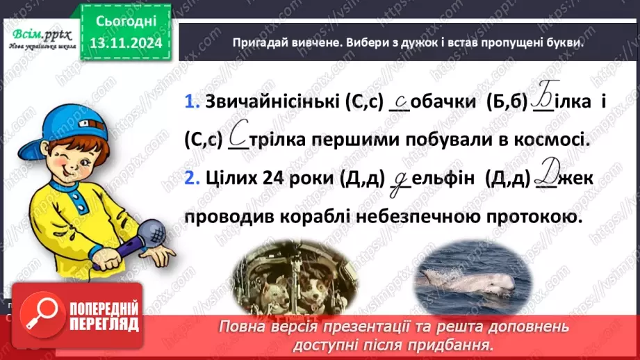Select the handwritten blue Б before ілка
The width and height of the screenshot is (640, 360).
pos(540,99)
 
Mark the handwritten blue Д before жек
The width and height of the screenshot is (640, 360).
pos(546,176)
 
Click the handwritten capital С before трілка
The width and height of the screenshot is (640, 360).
pos(238,136)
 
